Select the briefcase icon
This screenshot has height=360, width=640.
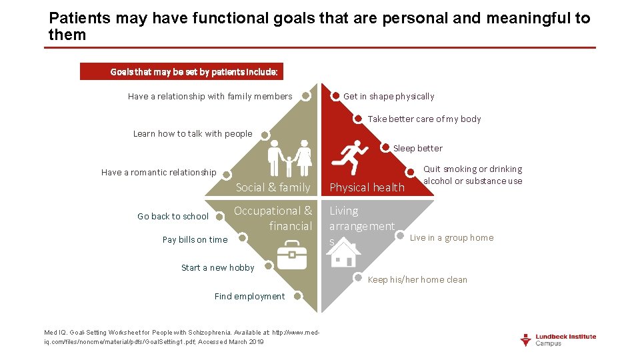coord(292,255)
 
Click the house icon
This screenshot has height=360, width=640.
coord(345,253)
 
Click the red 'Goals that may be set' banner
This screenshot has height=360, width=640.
coord(181,71)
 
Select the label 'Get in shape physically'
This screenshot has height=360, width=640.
coord(388,97)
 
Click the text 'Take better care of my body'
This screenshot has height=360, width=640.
coord(424,119)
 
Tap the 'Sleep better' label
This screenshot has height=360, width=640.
coord(417,148)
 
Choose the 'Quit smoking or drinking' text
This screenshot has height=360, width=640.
coord(473,175)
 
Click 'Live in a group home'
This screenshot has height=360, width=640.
coord(451,238)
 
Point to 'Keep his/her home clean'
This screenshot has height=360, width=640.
coord(417,280)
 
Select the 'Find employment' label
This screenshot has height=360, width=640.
coord(249,297)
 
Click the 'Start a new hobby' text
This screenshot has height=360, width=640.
coord(217,268)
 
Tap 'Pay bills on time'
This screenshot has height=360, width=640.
coord(195,240)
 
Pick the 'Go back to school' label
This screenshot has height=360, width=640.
coord(173,217)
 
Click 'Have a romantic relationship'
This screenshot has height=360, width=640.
coord(159,173)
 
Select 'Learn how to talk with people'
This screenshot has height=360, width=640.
coord(193,134)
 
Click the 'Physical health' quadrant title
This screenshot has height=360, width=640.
coord(367,188)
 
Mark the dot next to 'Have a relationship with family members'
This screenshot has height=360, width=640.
coord(305,96)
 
